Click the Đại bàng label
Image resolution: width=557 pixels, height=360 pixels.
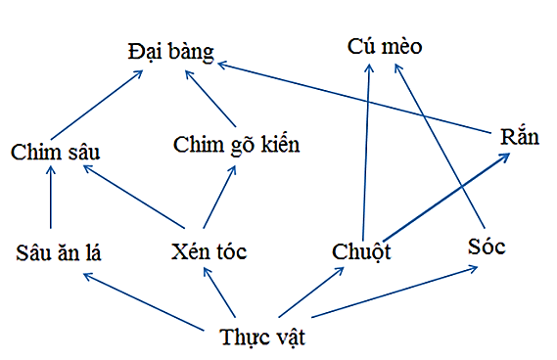pyautogui.click(x=170, y=52)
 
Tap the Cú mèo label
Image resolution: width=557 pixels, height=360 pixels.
pyautogui.click(x=385, y=46)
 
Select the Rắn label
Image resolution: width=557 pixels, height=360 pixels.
pyautogui.click(x=518, y=137)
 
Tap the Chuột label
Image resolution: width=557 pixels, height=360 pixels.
pyautogui.click(x=361, y=252)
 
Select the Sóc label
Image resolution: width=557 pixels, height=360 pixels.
pyautogui.click(x=487, y=247)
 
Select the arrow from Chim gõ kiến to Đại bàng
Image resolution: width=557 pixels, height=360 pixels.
pyautogui.click(x=211, y=97)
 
